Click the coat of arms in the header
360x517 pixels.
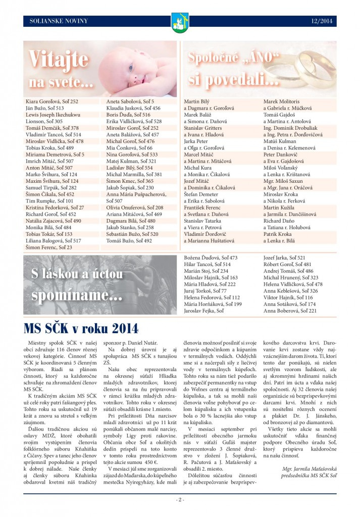[180, 22]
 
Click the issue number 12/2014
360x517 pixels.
[321, 21]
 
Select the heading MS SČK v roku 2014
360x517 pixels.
[81, 329]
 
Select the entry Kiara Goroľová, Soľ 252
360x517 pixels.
[52, 101]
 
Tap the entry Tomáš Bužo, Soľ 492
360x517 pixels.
[129, 241]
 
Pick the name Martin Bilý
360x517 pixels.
[196, 101]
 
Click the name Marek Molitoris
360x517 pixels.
[281, 101]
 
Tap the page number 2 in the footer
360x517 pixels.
[179, 500]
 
